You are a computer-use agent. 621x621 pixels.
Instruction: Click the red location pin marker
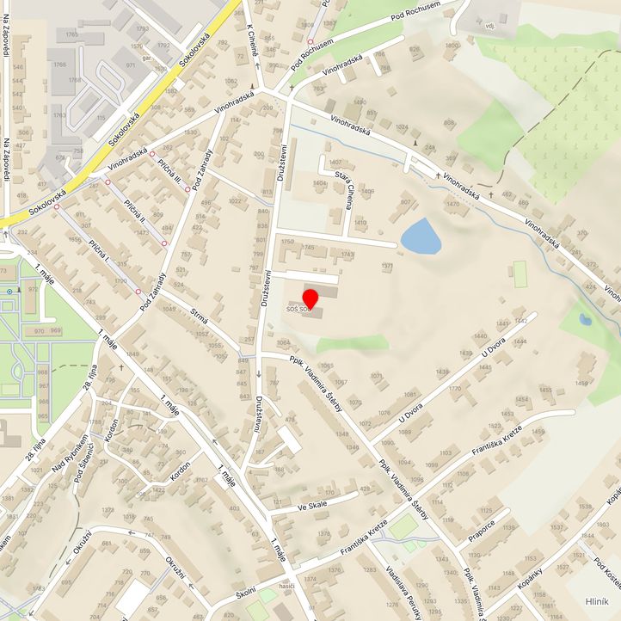pyautogui.click(x=310, y=298)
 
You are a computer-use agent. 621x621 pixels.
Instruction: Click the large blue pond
pyautogui.click(x=421, y=237)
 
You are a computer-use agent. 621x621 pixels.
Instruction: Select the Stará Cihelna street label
pyautogui.click(x=337, y=181)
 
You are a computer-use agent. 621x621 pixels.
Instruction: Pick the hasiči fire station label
pyautogui.click(x=287, y=586)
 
